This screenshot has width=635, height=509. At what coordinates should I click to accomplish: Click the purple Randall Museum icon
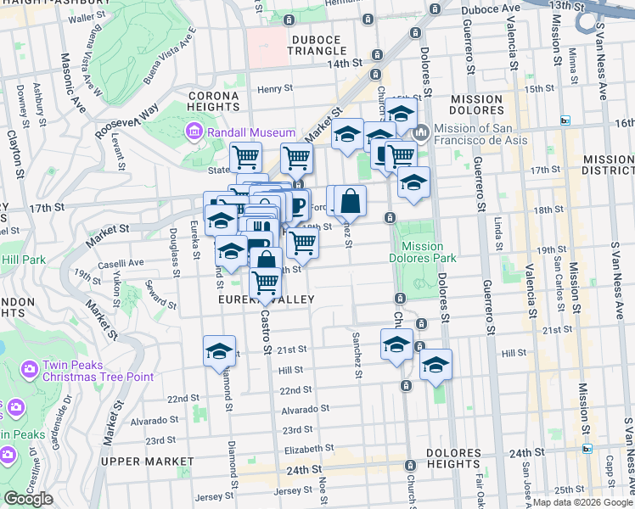pyautogui.click(x=194, y=132)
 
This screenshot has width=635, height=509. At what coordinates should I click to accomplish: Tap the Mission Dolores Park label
pyautogui.click(x=423, y=252)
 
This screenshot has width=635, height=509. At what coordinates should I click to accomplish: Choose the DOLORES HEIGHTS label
pyautogui.click(x=454, y=458)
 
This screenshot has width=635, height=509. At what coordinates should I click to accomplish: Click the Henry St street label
pyautogui.click(x=275, y=87)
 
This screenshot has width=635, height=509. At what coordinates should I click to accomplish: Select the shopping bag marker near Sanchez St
pyautogui.click(x=350, y=202)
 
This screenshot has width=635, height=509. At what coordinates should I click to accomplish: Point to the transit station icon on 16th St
pyautogui.click(x=565, y=121)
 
